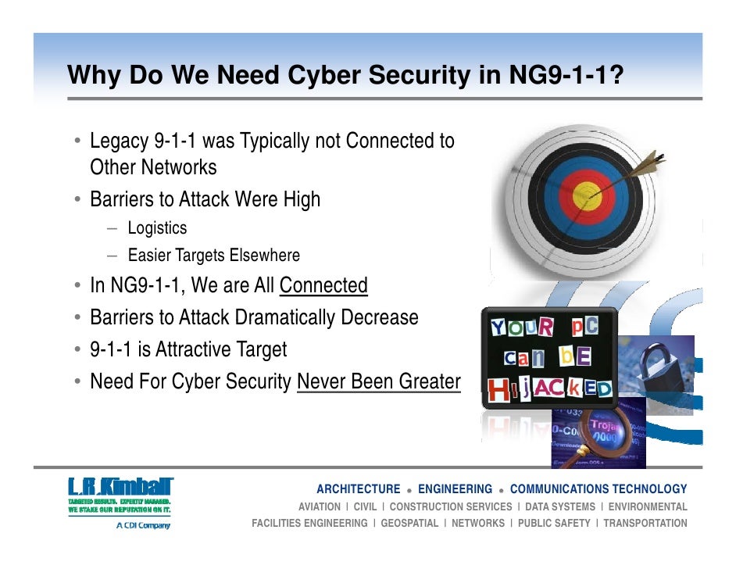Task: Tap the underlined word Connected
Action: click(323, 286)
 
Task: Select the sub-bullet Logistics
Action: click(157, 228)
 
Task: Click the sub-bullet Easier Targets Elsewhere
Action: click(213, 256)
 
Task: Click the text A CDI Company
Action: click(143, 525)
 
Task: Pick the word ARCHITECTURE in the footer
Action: click(358, 489)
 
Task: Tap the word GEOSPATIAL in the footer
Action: click(409, 523)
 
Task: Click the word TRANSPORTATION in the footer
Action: click(645, 523)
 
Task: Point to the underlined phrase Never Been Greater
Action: click(379, 381)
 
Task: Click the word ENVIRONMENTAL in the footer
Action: click(648, 506)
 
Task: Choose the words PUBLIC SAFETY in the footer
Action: click(554, 523)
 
